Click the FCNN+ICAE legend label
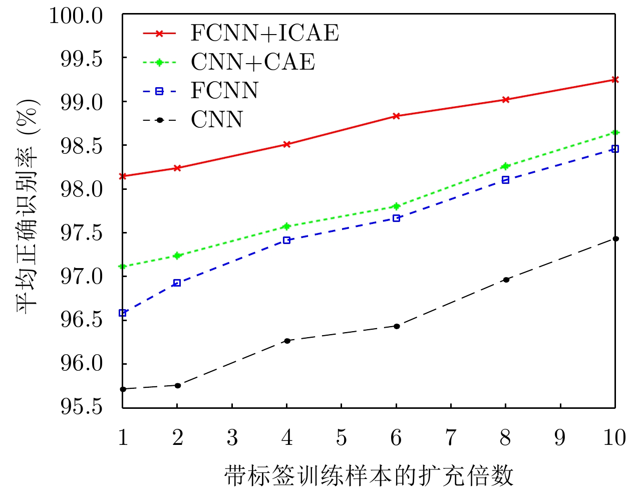coord(264,33)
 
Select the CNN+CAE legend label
coord(253,62)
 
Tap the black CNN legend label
coord(217,120)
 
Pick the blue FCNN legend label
coord(224,91)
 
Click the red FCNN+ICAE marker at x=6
coord(396,116)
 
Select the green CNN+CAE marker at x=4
coord(287,226)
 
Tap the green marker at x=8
coord(506,166)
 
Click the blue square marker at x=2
coord(177,283)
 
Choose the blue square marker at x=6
coord(396,218)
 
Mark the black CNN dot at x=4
coord(287,341)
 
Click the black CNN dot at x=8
coord(506,280)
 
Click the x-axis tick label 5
coord(341,438)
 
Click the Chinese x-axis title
coord(369,475)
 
